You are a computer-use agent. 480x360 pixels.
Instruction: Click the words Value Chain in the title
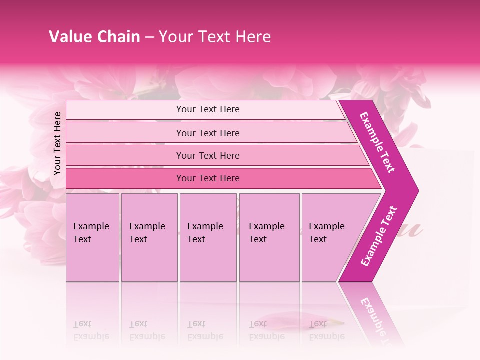pyautogui.click(x=94, y=37)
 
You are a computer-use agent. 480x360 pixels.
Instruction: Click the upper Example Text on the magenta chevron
pyautogui.click(x=377, y=143)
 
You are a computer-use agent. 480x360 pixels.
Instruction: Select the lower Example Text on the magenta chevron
pyautogui.click(x=379, y=236)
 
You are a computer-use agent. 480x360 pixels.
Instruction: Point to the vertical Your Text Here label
pyautogui.click(x=57, y=143)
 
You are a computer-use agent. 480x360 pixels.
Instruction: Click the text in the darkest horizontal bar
pyautogui.click(x=208, y=178)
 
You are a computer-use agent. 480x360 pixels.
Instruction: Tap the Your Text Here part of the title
pyautogui.click(x=215, y=37)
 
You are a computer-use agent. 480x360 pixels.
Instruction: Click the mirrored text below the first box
pyautogui.click(x=91, y=330)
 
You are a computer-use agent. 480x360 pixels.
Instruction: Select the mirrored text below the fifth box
pyautogui.click(x=327, y=330)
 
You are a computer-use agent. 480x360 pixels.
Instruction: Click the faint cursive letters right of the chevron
pyautogui.click(x=410, y=230)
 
